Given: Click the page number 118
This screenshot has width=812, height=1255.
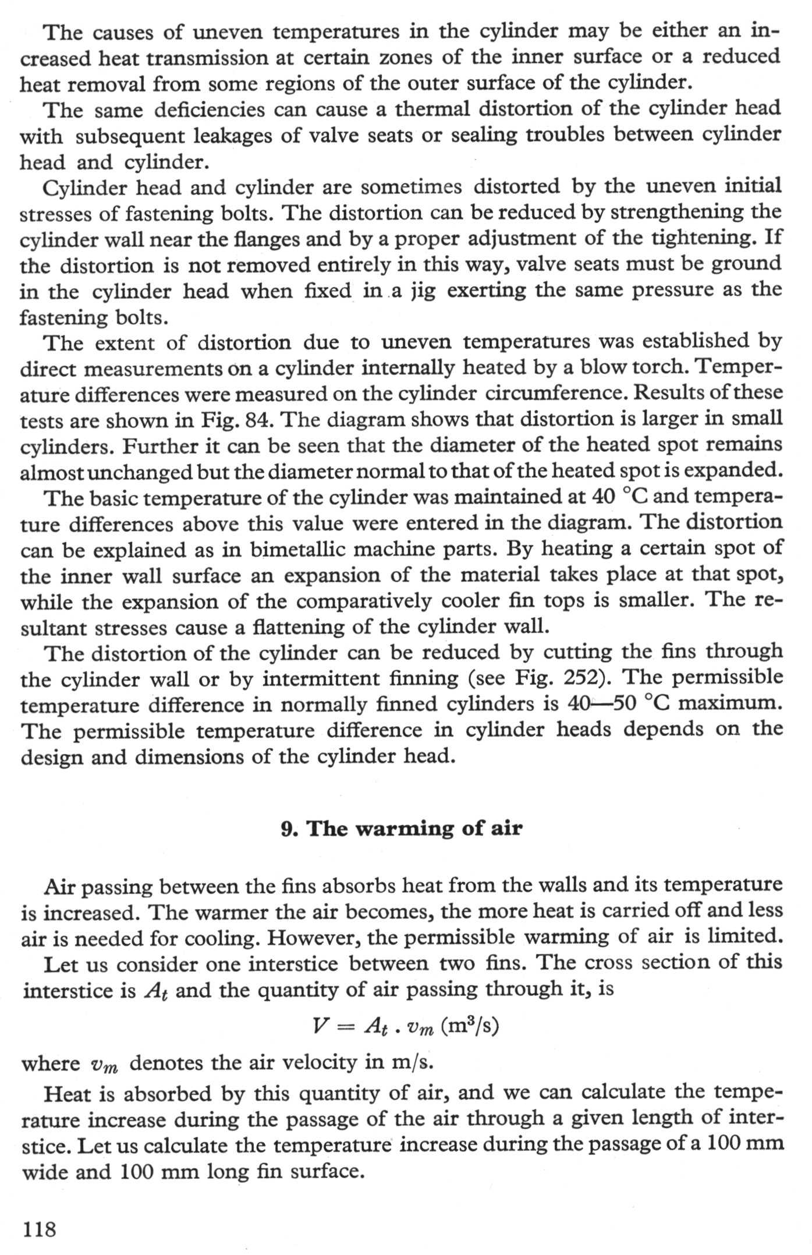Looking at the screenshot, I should click(39, 1228).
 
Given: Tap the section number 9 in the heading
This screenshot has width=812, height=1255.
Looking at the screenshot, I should click(287, 829).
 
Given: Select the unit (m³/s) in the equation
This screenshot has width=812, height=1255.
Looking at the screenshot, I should click(470, 1026).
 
